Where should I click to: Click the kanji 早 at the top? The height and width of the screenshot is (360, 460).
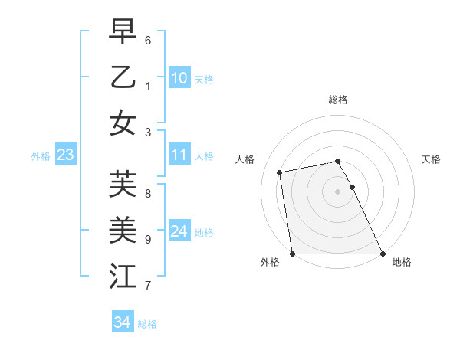[x=123, y=34]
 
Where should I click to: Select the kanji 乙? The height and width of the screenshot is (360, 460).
[x=123, y=77]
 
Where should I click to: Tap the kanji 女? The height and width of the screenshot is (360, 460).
[x=123, y=122]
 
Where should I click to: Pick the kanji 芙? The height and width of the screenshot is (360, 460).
[x=123, y=185]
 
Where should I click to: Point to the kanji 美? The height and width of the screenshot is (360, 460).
[x=123, y=229]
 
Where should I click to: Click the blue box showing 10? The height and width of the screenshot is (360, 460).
[x=179, y=77]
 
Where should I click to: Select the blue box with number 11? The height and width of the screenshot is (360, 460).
[x=179, y=155]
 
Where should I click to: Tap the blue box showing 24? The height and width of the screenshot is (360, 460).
[x=179, y=231]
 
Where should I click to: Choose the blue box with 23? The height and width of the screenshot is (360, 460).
[x=66, y=155]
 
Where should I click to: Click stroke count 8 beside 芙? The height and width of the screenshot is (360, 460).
[x=148, y=193]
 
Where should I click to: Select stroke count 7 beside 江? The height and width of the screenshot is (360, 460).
[x=148, y=286]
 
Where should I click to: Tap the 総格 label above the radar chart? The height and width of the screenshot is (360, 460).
[x=338, y=100]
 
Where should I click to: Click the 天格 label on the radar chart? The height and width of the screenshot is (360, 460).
[x=432, y=159]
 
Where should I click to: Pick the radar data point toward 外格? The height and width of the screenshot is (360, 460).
[x=293, y=254]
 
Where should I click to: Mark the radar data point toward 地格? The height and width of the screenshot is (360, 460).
[x=382, y=254]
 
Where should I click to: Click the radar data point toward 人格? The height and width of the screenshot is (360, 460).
[x=281, y=172]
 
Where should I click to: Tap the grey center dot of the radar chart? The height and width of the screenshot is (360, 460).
[x=337, y=191]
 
